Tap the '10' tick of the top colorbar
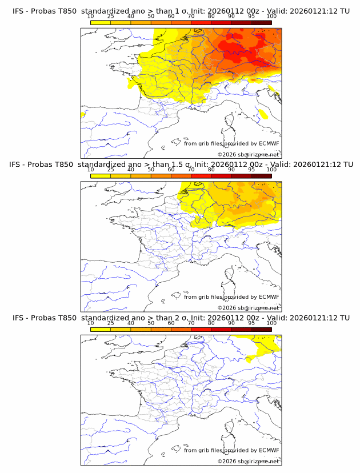[91, 17]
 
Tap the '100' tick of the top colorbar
[271, 17]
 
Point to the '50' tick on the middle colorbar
[151, 170]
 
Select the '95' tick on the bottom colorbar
[251, 323]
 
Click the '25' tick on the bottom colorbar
[110, 323]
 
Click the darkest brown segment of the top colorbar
[261, 22]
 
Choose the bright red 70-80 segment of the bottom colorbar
[201, 328]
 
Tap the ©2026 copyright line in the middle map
[248, 307]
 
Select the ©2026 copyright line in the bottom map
[248, 460]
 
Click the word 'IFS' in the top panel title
[19, 11]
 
